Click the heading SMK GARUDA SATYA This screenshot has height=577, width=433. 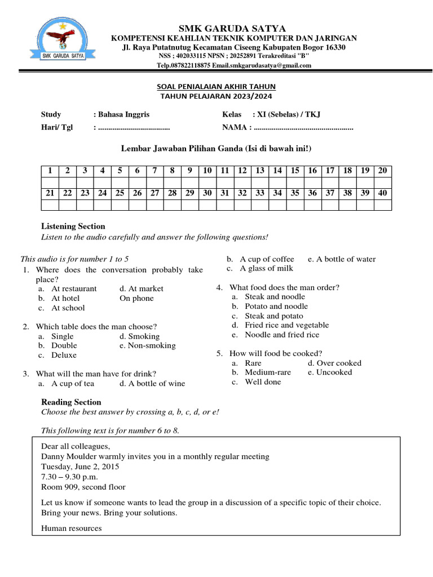click(x=233, y=28)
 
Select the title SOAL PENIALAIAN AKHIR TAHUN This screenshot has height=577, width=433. click(x=216, y=86)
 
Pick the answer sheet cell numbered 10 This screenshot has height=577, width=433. click(x=207, y=171)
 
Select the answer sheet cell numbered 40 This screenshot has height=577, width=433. click(x=383, y=193)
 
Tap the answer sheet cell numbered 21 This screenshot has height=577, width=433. click(x=50, y=193)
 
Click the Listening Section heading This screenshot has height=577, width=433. click(x=73, y=227)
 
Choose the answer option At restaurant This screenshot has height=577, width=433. click(x=74, y=288)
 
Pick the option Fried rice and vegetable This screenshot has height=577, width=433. click(x=286, y=325)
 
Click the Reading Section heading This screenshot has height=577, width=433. click(x=72, y=402)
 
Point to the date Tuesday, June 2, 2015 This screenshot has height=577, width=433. click(x=80, y=467)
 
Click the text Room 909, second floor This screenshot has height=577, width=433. click(x=83, y=487)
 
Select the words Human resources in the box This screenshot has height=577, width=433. click(x=72, y=529)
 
